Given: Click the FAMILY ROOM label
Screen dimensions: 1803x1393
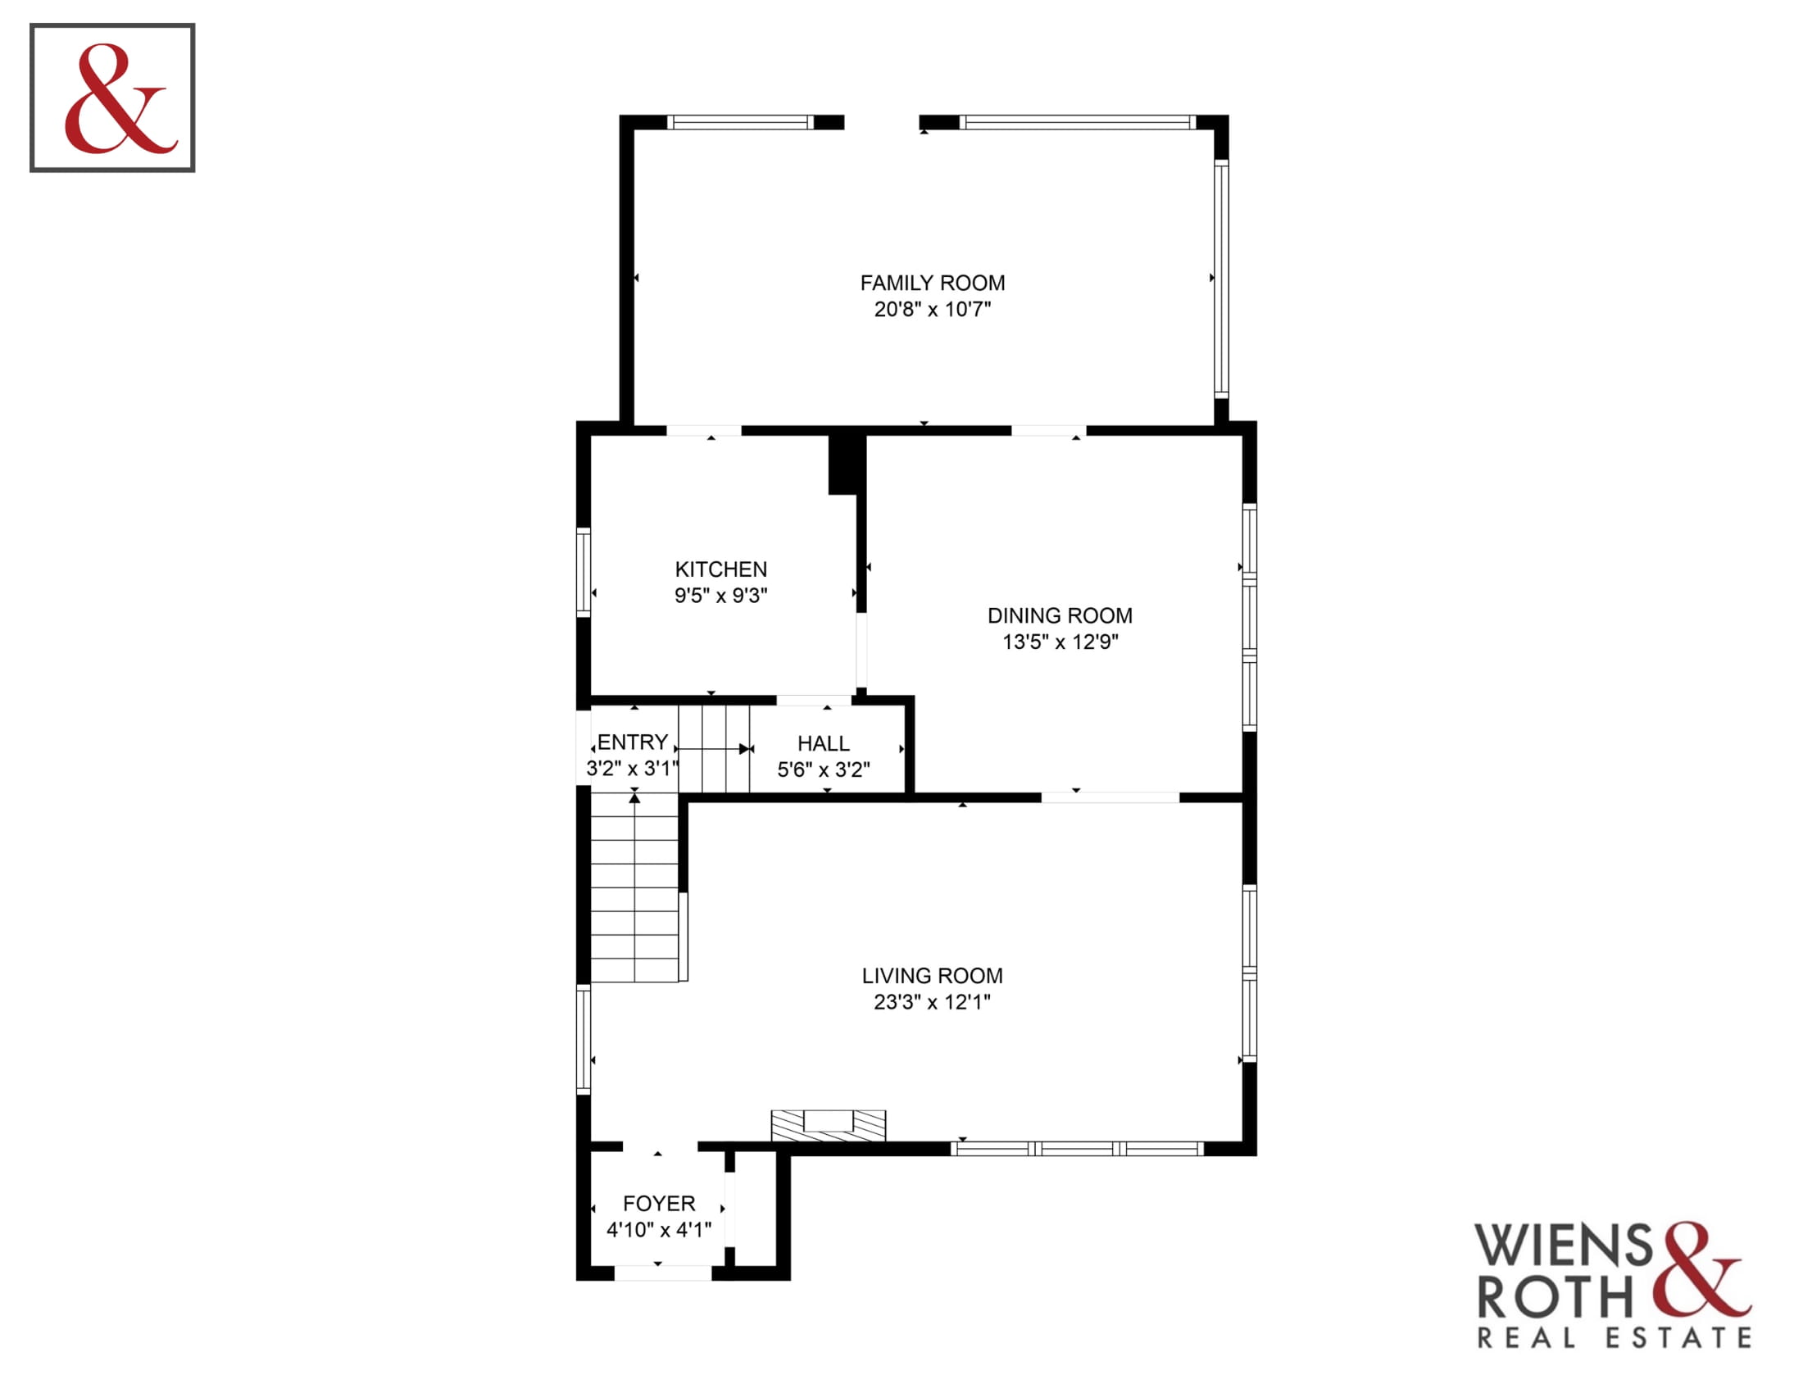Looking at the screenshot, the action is [932, 283].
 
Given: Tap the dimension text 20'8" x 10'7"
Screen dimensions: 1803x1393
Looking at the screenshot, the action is [932, 310].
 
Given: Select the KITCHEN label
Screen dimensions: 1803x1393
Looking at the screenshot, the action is [720, 569].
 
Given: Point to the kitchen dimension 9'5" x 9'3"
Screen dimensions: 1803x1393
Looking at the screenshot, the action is [720, 596].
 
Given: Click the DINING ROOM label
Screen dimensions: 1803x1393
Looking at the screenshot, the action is [1060, 615].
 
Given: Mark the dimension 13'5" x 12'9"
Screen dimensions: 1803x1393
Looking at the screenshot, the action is [1060, 642].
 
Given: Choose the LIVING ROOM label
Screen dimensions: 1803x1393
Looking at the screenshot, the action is [932, 975].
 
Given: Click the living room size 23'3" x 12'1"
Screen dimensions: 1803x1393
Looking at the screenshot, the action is [932, 1002].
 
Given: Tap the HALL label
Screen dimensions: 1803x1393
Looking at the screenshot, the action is [823, 743].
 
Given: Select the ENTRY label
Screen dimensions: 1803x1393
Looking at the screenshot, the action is [633, 742].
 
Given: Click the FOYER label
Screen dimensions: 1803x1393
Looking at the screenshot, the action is [659, 1203].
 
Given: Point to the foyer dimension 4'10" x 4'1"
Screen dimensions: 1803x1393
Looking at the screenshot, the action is [659, 1230].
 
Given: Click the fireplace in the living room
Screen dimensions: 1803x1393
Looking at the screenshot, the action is [828, 1126].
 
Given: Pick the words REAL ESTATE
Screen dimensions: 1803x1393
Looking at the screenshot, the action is [1614, 1338].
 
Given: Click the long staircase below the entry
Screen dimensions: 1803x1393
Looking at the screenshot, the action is [634, 887].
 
